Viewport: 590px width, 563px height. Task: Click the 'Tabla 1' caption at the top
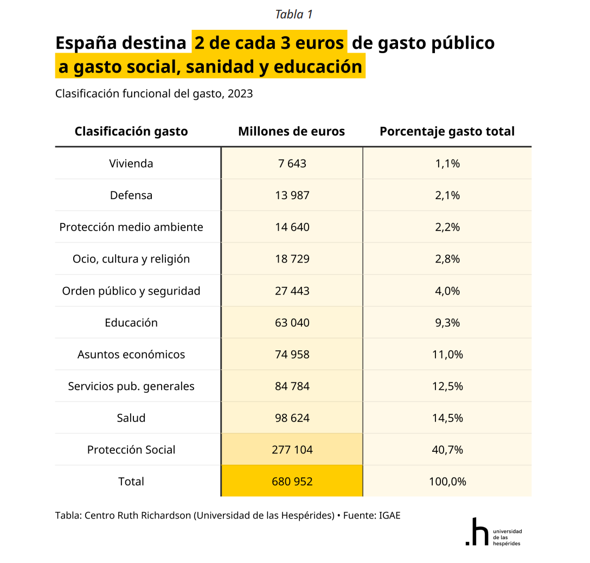click(293, 15)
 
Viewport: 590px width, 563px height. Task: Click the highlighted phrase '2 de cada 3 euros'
click(270, 43)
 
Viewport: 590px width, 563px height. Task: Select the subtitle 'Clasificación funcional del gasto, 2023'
click(154, 94)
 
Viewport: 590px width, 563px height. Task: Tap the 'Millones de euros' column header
click(291, 131)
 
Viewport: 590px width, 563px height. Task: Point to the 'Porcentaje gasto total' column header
click(447, 131)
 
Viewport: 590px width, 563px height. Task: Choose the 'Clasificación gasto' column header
click(131, 131)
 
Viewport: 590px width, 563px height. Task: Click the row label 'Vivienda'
click(131, 163)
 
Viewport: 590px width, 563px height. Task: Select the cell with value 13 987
click(292, 195)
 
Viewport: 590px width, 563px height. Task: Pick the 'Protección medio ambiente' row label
click(131, 227)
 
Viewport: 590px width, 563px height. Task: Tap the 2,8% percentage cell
click(447, 259)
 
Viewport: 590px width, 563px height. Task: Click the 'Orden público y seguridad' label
click(131, 291)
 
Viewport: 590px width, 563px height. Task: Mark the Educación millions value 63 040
click(292, 323)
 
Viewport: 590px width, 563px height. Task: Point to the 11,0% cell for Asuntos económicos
click(447, 354)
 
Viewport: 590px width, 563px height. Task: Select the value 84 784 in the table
click(292, 386)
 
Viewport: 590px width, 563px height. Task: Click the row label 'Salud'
click(131, 418)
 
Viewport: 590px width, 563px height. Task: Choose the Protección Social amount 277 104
click(292, 450)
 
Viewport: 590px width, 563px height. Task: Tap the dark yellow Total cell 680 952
click(292, 482)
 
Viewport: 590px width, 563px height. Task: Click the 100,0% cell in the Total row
click(447, 482)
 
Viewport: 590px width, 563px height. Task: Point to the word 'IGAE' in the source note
click(388, 515)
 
